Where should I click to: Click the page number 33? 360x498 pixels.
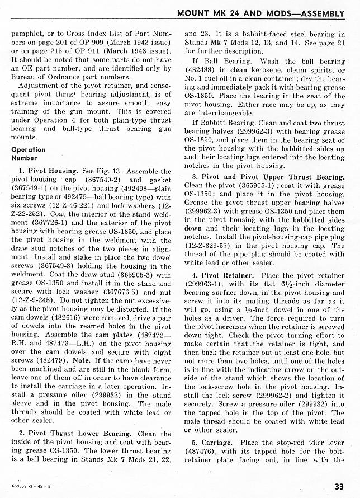pyautogui.click(x=339, y=485)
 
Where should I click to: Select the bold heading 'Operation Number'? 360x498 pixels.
pyautogui.click(x=28, y=154)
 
